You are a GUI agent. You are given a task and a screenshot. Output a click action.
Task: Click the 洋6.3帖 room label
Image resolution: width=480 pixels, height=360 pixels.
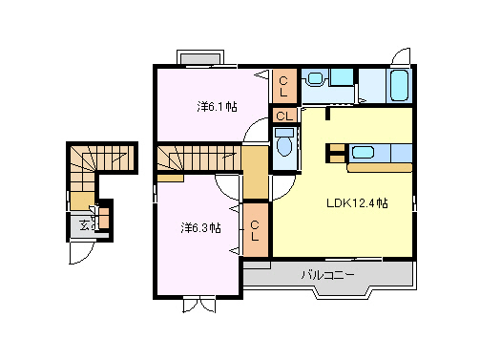pos(200,228)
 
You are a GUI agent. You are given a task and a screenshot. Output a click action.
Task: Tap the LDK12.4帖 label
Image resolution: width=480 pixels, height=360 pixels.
pos(357,202)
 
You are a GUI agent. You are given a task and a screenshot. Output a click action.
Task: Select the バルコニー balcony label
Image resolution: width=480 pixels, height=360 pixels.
pos(328,275)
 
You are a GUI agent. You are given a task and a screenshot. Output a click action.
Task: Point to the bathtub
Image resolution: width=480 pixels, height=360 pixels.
pos(401,86)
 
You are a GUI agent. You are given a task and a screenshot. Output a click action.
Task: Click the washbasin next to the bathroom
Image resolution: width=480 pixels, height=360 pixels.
pos(317,79)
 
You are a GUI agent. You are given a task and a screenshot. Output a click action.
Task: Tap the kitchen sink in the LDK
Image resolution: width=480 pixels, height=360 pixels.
pos(363,151)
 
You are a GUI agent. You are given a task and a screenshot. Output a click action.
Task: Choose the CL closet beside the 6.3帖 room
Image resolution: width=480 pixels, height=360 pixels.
pos(256,230)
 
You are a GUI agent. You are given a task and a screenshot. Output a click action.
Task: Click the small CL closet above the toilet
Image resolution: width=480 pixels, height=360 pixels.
pos(283,116)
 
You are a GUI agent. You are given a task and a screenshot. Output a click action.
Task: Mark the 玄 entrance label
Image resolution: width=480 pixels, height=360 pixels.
pos(84,225)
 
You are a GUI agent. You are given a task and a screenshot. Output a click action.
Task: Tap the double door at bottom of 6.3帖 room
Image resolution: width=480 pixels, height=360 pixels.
pos(199,306)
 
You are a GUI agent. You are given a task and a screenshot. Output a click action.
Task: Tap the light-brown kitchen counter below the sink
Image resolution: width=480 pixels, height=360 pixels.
pos(378,167)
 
